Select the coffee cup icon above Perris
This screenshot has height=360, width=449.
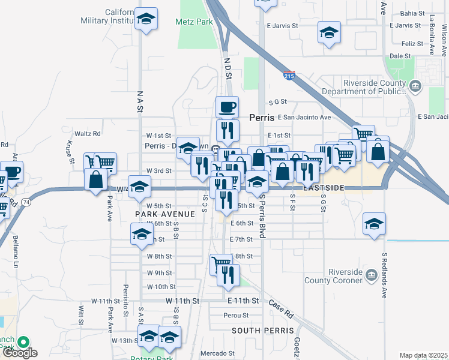tap(227, 107)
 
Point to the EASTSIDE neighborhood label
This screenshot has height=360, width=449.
tap(324, 188)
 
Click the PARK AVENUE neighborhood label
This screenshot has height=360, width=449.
tap(164, 214)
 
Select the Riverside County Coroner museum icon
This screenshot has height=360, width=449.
tap(370, 275)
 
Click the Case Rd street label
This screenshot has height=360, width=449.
tap(280, 309)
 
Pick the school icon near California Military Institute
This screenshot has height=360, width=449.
tap(146, 20)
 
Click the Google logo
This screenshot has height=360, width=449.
tap(20, 353)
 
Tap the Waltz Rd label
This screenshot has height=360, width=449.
tap(88, 133)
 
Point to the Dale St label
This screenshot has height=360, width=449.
tap(400, 56)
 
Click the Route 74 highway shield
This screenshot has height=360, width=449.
tap(28, 203)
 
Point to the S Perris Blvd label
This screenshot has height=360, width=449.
tap(262, 218)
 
